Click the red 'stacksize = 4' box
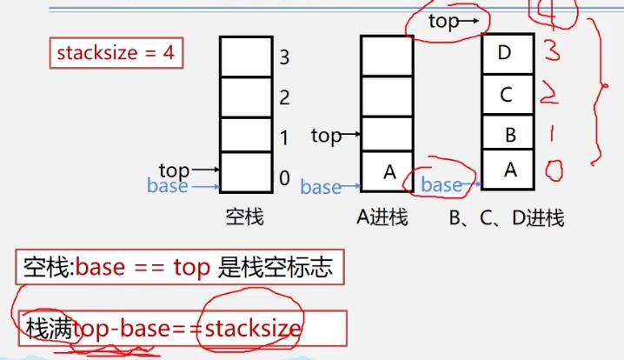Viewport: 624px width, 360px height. [116, 53]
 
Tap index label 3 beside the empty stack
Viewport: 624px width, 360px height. [284, 58]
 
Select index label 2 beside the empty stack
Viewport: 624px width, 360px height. [284, 97]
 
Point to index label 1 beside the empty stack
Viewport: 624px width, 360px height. [284, 137]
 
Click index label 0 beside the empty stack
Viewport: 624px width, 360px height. [284, 178]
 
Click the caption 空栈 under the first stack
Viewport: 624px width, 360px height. [245, 217]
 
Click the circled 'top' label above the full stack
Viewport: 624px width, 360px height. [443, 22]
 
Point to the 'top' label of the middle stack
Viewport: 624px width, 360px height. [326, 136]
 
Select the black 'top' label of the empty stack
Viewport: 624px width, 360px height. [174, 170]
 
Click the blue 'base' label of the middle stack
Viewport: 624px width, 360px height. [321, 186]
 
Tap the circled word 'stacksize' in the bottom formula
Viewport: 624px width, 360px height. [251, 328]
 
